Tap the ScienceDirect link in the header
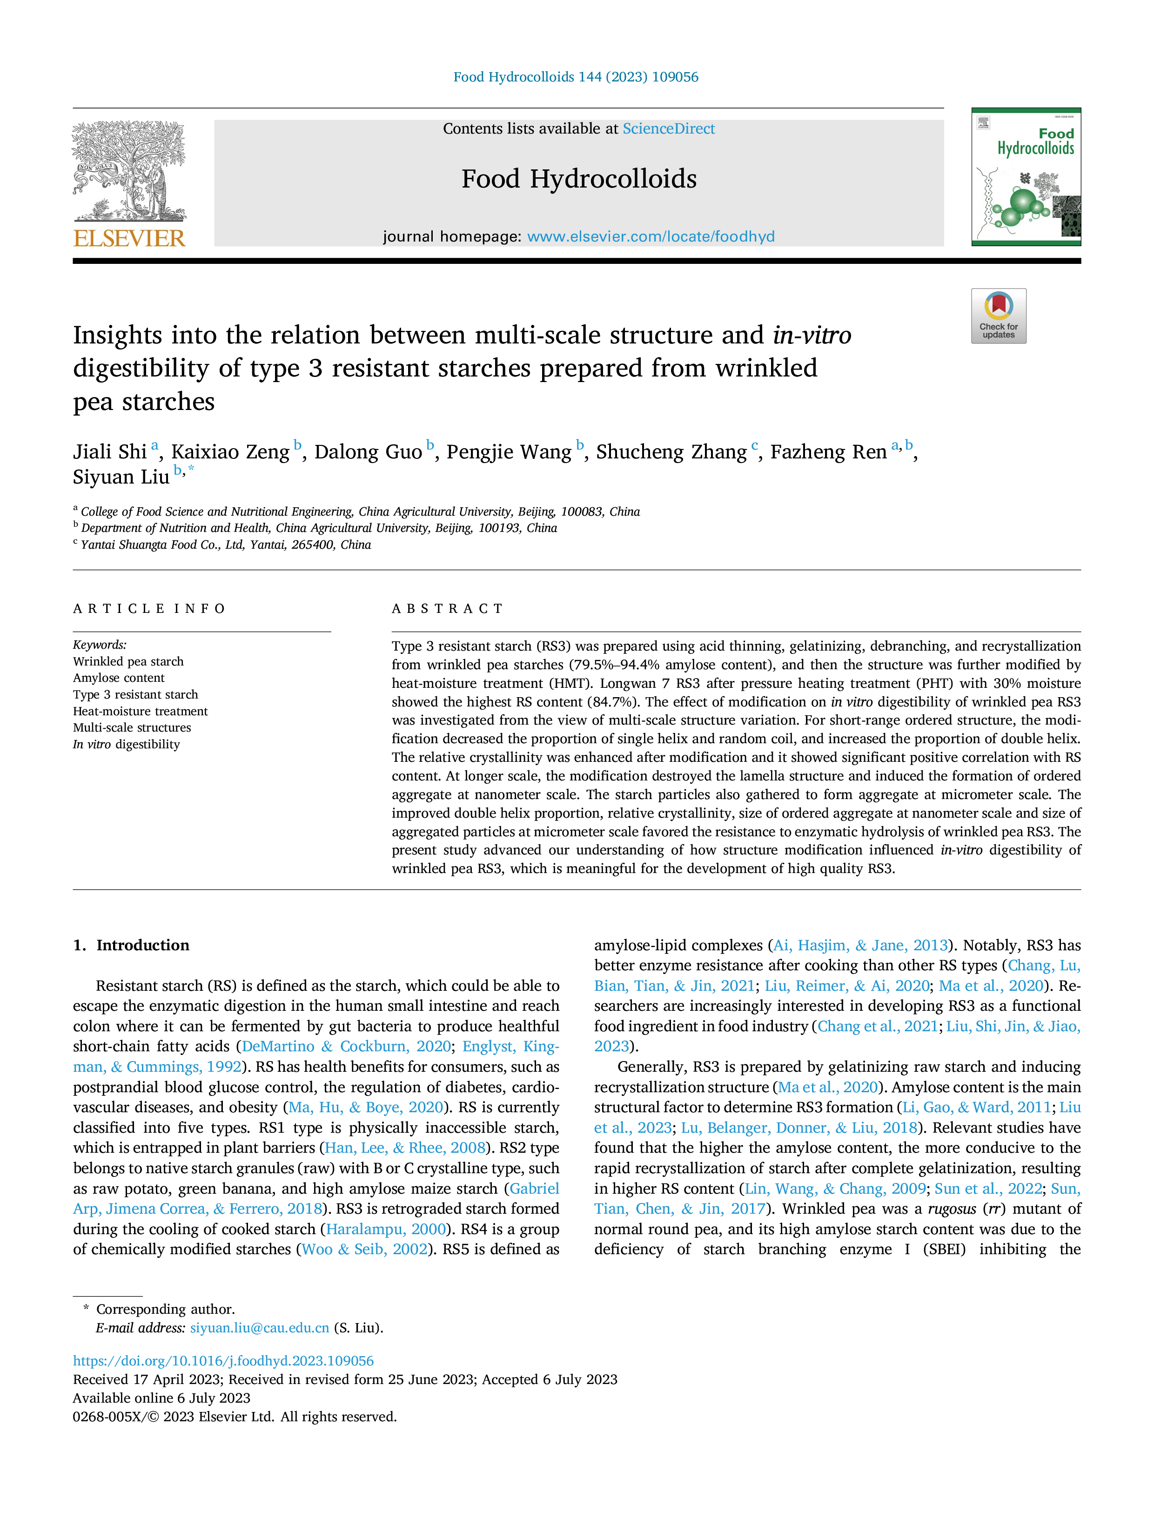669,129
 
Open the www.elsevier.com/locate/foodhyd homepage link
651,236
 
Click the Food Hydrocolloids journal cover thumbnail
1026,177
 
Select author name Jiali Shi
110,452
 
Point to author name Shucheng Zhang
671,452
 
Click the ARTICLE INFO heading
149,609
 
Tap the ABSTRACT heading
447,609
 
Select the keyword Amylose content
119,678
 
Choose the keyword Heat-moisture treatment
141,711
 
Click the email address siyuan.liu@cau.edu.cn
260,1328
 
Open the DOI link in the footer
223,1361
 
